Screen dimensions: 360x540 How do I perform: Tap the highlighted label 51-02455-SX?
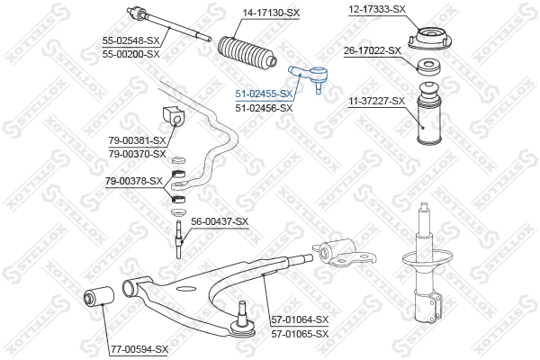point(264,94)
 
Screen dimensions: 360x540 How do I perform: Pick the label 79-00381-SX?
point(138,140)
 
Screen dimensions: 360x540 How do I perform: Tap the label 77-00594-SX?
point(139,348)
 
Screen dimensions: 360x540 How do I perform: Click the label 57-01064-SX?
point(300,319)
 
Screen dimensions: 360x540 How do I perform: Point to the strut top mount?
point(429,41)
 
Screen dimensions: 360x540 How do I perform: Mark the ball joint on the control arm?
point(241,322)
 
